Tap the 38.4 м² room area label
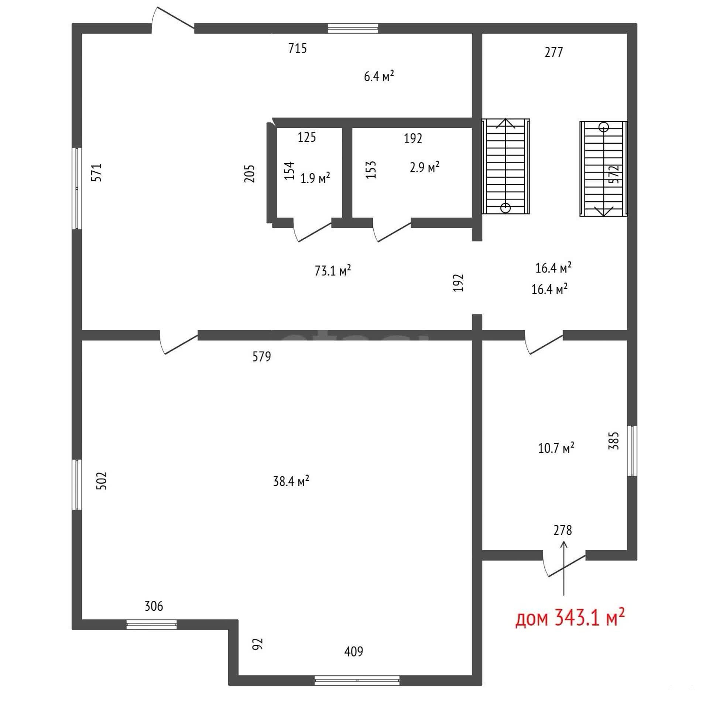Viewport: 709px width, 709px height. point(291,481)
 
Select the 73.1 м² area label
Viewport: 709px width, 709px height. point(332,270)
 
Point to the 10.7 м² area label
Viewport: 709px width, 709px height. point(556,448)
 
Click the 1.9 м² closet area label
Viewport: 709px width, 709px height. point(315,178)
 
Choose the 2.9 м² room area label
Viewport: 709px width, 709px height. point(424,167)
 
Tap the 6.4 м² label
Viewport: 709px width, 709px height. point(379,76)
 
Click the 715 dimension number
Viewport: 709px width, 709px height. point(297,48)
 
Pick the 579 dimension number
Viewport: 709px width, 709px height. point(261,356)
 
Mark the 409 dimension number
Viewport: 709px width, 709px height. point(353,652)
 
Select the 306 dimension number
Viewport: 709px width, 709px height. point(154,606)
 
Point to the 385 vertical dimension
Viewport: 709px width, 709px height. point(613,441)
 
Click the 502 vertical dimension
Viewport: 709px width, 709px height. point(101,481)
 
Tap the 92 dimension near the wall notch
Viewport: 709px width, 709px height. point(257,644)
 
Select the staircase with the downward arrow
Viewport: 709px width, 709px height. point(603,168)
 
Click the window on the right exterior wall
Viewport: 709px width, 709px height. point(632,451)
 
